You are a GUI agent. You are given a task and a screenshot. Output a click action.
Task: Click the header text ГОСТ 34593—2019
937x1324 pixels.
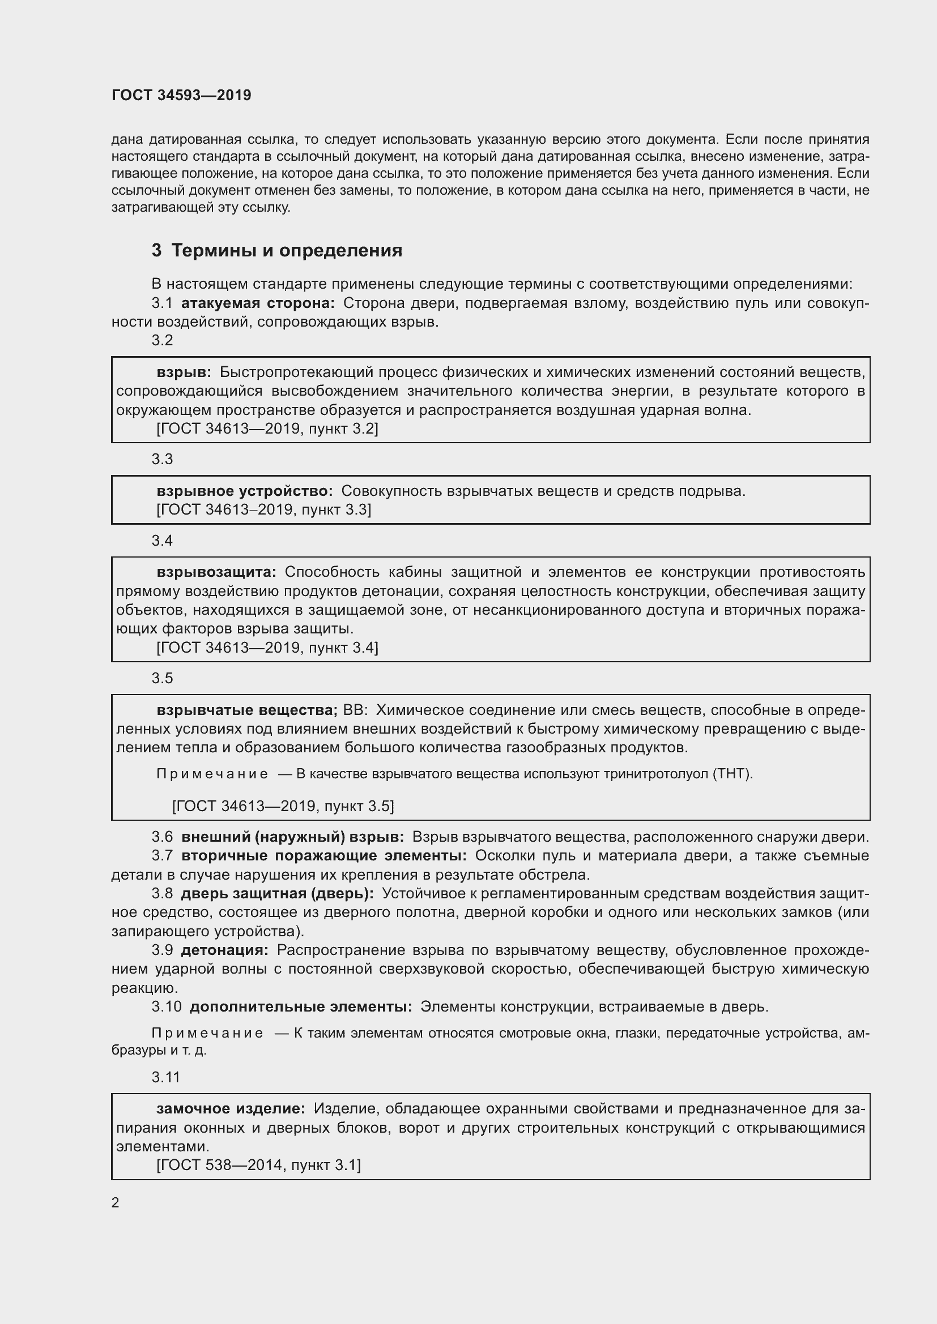point(181,95)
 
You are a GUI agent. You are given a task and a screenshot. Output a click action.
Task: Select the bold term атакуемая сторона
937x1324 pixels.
point(258,303)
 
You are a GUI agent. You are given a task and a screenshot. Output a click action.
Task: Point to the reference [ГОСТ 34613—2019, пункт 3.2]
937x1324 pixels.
point(267,429)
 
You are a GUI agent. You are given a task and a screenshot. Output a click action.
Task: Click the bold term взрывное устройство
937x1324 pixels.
point(245,491)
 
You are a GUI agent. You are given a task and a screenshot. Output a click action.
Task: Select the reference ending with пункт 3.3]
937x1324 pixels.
point(263,509)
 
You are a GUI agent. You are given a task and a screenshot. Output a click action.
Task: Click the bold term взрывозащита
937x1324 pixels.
point(216,572)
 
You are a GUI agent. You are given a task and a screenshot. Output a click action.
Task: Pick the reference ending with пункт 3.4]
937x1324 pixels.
point(267,647)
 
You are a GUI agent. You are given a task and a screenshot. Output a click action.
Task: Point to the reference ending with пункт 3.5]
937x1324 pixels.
point(283,805)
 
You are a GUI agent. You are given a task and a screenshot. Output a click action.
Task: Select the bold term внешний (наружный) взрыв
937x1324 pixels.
point(292,836)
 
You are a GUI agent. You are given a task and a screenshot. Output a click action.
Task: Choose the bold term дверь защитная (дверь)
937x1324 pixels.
point(277,893)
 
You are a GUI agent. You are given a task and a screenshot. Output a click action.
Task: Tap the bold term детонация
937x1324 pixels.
point(224,950)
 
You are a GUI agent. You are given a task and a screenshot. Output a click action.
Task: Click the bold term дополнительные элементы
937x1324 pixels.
point(301,1006)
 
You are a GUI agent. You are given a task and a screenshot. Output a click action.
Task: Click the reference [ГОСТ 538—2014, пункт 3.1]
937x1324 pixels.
point(258,1165)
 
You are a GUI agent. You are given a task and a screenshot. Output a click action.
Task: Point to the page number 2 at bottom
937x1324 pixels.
point(116,1202)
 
